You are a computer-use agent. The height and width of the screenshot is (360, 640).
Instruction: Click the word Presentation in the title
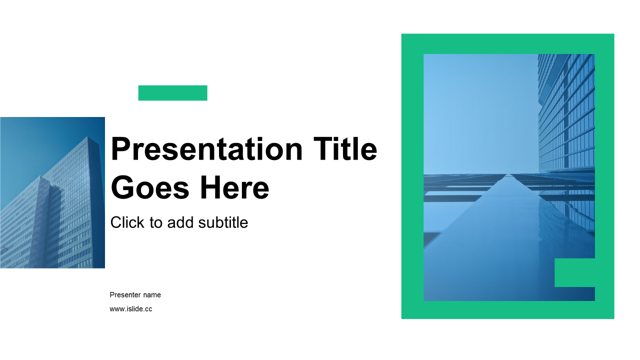pos(206,149)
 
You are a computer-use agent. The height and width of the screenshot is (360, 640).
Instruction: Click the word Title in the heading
pos(345,148)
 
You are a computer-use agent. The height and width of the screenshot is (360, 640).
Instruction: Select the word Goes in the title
pos(150,187)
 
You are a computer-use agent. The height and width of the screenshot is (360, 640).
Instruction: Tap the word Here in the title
pos(234,187)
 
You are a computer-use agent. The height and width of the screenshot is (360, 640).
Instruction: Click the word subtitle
pos(223,222)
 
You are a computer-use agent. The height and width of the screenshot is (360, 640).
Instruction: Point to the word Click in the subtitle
pos(127,222)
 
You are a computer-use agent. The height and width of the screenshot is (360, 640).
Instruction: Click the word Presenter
pos(125,295)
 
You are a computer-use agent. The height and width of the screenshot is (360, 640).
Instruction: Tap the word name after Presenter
pos(152,295)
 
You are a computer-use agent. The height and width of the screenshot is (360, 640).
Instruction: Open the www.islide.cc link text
pos(131,309)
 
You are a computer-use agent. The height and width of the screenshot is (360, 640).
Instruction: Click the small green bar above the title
pos(173,93)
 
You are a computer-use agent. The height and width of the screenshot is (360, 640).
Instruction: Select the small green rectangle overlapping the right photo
pos(574,272)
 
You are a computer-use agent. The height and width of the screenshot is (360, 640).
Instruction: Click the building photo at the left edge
pos(52,192)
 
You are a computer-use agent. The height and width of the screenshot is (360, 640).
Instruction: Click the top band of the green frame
pos(507,43)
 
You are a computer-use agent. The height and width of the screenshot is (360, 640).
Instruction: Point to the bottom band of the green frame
pos(507,310)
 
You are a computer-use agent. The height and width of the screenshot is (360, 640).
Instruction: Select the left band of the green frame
pos(412,176)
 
